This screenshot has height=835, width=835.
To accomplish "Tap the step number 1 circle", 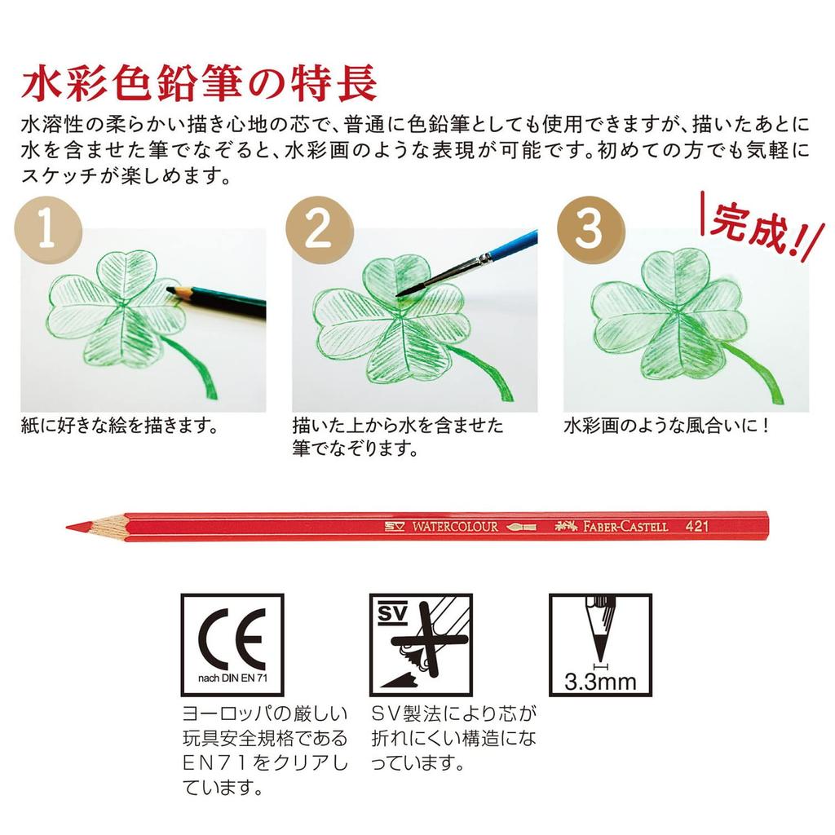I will [48, 230].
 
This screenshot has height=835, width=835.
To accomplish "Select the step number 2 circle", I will [318, 230].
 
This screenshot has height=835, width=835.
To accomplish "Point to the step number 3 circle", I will [588, 230].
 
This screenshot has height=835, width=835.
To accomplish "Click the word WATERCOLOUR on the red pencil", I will [453, 527].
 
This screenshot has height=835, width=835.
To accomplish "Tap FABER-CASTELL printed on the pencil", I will [625, 527].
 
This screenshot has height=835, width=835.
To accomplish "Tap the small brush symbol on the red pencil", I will [520, 527].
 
